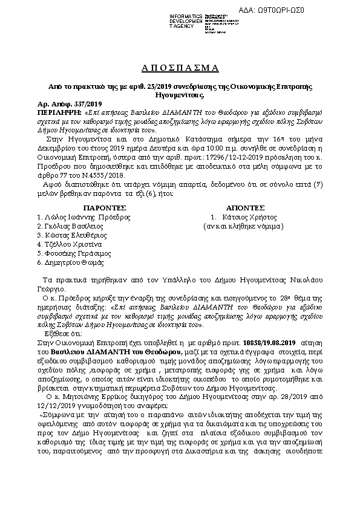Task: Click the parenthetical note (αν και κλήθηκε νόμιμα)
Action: click(x=243, y=225)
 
